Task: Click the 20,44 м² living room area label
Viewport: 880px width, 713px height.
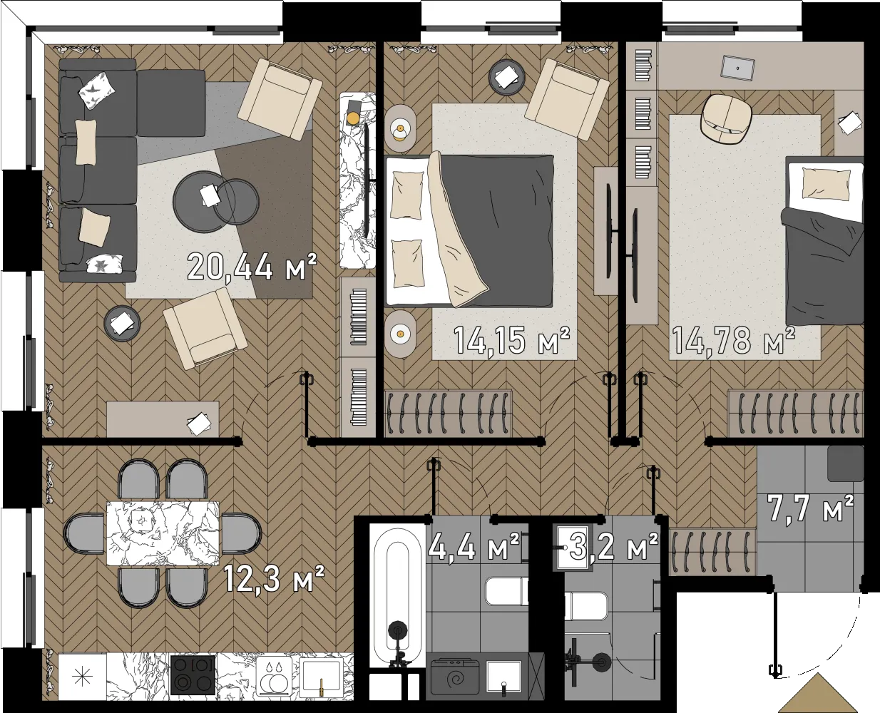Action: point(252,267)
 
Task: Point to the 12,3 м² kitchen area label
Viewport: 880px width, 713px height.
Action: point(274,578)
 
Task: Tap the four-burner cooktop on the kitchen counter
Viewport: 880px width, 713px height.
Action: point(193,675)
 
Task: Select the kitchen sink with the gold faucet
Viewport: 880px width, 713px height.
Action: point(322,675)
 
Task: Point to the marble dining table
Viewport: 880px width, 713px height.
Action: point(163,533)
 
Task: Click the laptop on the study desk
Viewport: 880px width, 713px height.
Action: point(738,66)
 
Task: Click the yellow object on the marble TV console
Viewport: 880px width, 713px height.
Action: point(353,118)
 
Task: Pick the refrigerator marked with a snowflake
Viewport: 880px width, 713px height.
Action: point(82,677)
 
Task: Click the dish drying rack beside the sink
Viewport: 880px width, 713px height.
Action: point(274,676)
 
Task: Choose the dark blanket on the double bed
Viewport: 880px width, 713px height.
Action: point(496,230)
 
